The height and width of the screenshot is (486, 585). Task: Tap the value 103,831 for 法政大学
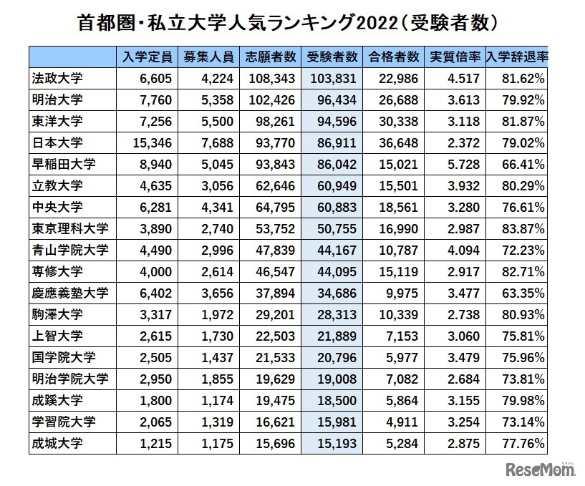pos(332,78)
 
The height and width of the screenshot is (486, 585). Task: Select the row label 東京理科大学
pos(71,228)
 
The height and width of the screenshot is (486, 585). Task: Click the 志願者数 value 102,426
pos(271,99)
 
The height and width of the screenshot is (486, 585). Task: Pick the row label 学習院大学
pos(64,422)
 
